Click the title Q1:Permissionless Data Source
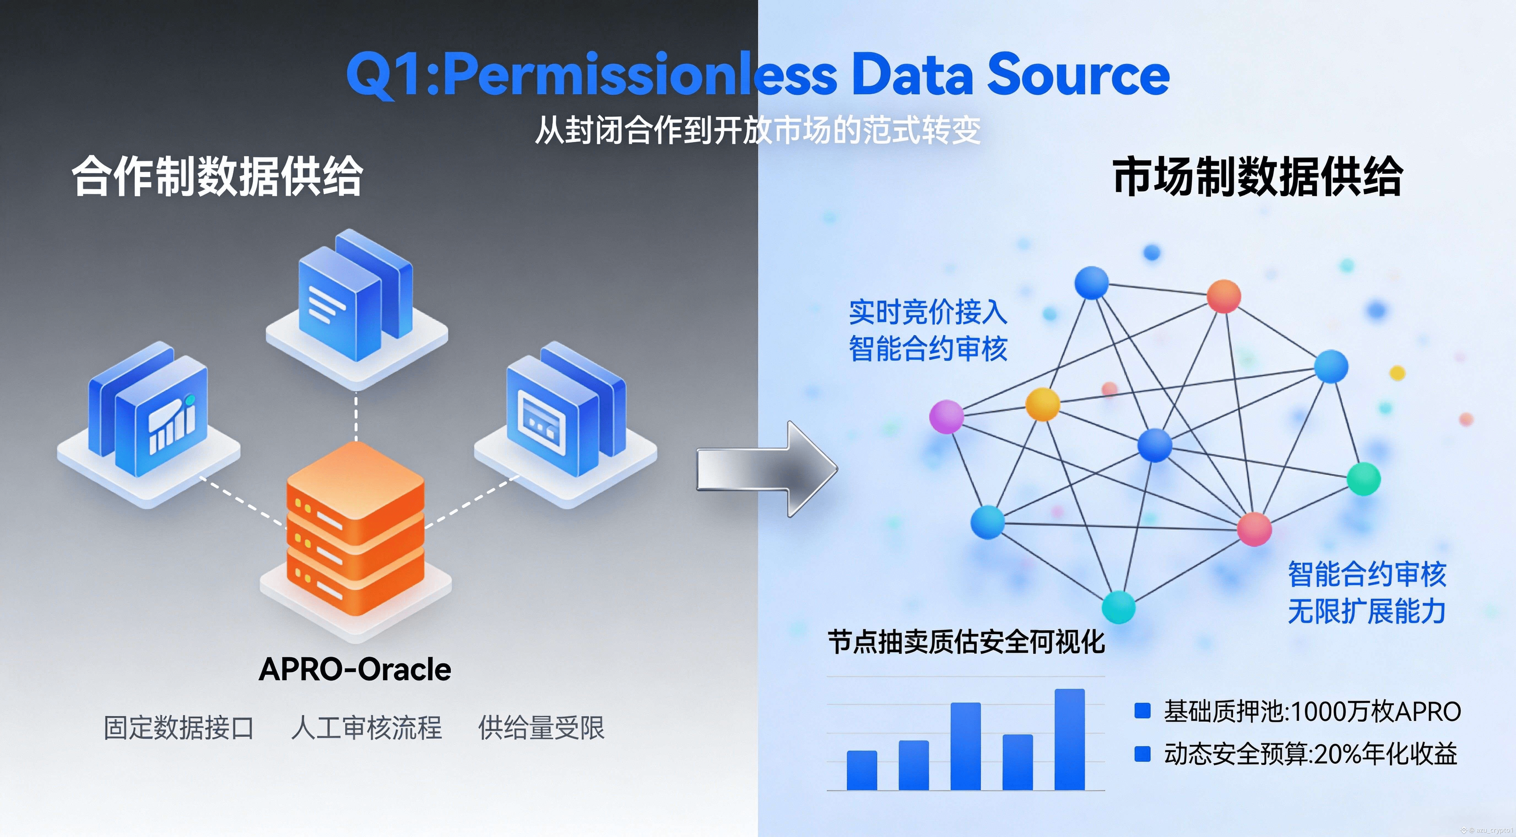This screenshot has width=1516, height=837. tap(757, 75)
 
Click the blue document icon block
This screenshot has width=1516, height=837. tap(356, 300)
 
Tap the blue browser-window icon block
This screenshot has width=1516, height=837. tap(565, 412)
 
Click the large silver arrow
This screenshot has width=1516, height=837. tap(765, 469)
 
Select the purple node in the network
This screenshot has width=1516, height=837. tap(946, 417)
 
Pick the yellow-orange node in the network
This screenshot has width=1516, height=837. tap(1042, 404)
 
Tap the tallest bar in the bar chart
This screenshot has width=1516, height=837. tap(1069, 739)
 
